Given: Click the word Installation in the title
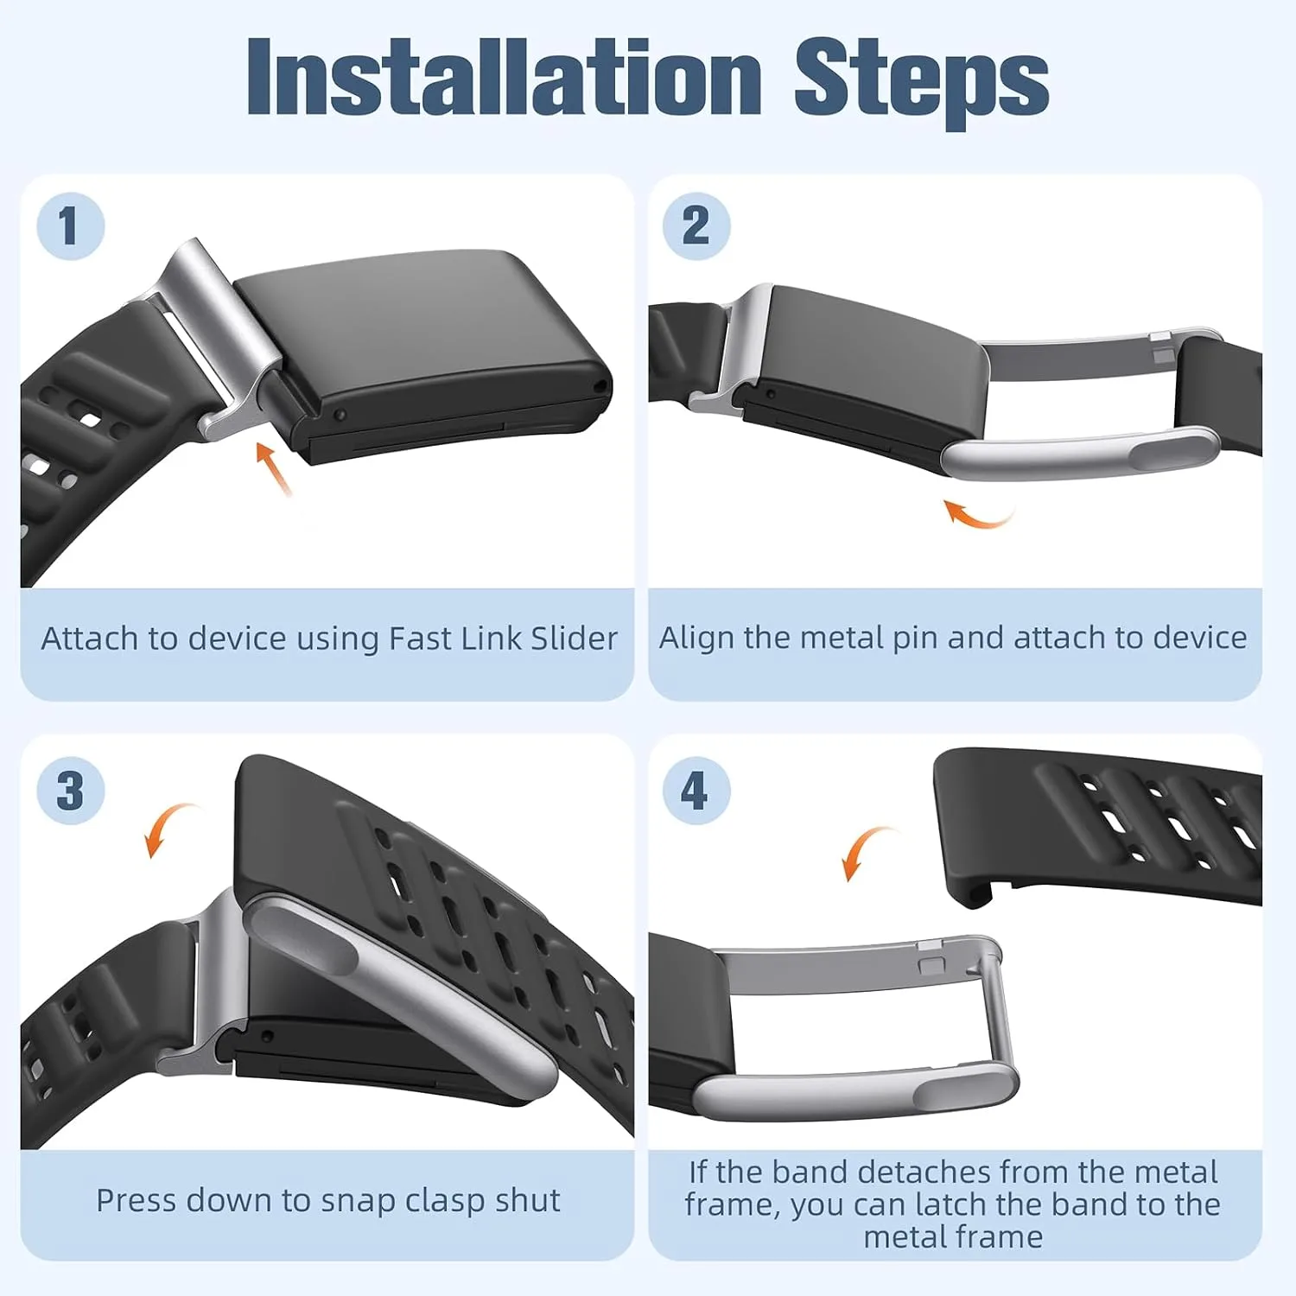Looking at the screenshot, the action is (x=504, y=77).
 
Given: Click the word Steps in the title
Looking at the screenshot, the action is (x=921, y=81).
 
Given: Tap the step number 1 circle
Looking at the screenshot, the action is (x=70, y=226).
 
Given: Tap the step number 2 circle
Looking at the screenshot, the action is (x=696, y=226).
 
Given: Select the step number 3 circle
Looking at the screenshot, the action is (x=70, y=791).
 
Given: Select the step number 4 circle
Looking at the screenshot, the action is (x=696, y=791).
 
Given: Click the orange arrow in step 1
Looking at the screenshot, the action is (x=275, y=469).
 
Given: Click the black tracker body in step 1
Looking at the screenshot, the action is (x=423, y=354).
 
